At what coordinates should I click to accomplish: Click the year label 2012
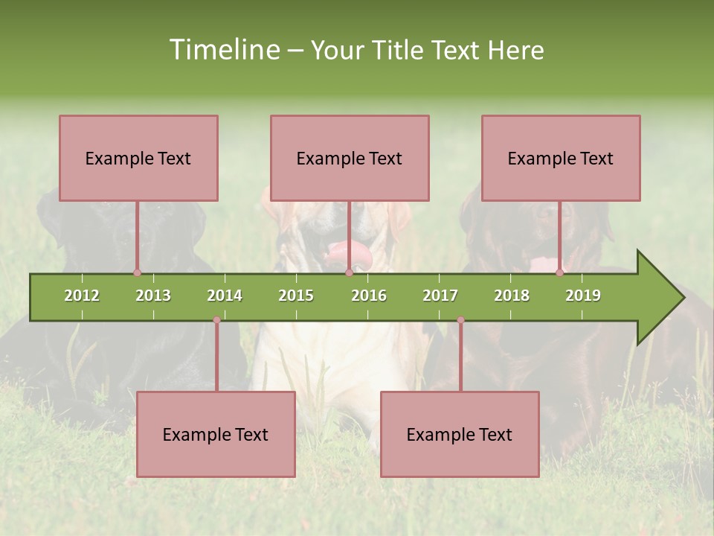coord(82,296)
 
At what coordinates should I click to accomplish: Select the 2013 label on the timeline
coord(153,296)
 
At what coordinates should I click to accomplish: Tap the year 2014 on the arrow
coord(225,296)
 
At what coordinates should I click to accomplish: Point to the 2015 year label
coord(296,296)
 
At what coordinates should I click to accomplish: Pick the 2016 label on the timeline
coord(369,296)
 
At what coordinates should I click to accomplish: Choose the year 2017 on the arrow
coord(440,296)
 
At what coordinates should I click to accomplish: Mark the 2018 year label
coord(512,296)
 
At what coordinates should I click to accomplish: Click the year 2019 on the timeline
coord(583,296)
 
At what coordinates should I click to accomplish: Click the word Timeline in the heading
coord(222,50)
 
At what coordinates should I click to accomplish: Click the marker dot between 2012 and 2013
coord(137,272)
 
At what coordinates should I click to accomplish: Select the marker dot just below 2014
coord(216,319)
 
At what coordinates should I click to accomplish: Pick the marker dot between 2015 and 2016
coord(349,272)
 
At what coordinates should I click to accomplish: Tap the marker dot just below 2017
coord(460,319)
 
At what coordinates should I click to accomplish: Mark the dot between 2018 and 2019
coord(559,272)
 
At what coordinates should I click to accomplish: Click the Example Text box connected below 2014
coord(216,434)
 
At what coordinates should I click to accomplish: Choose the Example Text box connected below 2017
coord(460,434)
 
